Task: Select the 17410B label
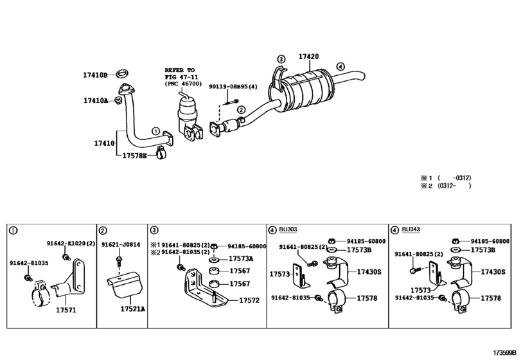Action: [x=95, y=75]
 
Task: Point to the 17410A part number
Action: [x=95, y=100]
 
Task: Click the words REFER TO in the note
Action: [x=179, y=69]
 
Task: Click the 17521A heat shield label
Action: [x=133, y=309]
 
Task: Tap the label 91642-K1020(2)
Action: [x=71, y=244]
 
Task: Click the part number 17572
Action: [x=249, y=300]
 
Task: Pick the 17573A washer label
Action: [x=242, y=259]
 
